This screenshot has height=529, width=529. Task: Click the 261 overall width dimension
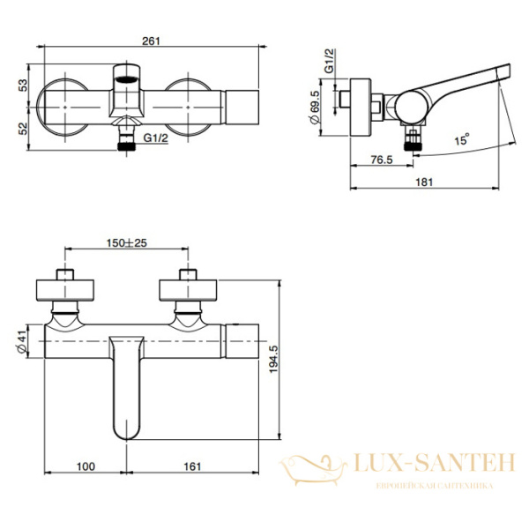[151, 41]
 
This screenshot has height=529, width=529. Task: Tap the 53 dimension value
[23, 85]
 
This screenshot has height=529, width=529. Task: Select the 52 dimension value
[23, 129]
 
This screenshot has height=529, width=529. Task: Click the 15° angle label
[461, 139]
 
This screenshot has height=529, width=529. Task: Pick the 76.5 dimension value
[382, 160]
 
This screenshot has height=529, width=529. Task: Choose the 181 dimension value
[424, 183]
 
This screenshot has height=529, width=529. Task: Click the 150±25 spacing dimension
[126, 243]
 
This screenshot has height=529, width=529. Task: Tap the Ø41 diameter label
[21, 341]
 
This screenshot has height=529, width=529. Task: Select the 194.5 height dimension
[273, 359]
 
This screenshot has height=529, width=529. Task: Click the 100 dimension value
[86, 466]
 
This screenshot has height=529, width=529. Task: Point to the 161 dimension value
[192, 466]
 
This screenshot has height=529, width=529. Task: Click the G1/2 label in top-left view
[155, 138]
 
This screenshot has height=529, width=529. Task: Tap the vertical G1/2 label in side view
[329, 61]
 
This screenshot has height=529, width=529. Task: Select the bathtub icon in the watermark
[313, 469]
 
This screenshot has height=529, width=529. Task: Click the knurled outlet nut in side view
[413, 145]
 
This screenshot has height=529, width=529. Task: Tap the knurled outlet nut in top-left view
[126, 146]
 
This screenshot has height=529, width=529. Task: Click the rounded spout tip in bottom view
[126, 436]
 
